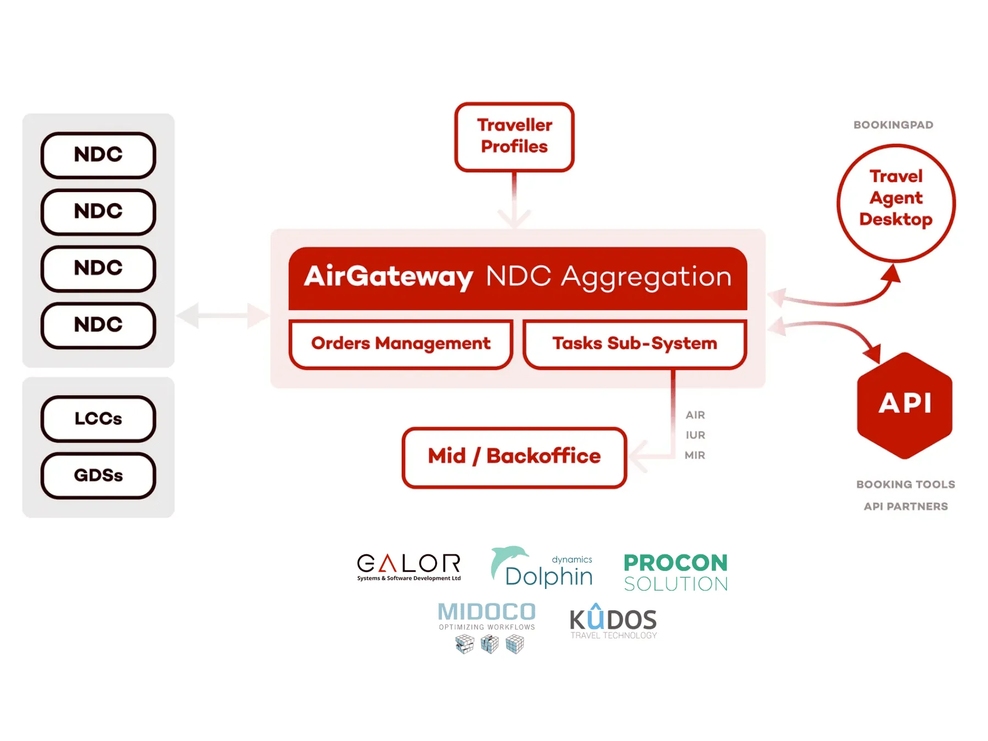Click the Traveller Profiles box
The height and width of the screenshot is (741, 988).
514,137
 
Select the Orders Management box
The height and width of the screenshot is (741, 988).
401,344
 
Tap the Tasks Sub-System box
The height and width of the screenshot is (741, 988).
635,344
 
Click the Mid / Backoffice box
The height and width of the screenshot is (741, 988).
514,457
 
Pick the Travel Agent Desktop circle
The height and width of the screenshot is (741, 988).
896,203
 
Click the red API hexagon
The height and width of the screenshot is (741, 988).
905,405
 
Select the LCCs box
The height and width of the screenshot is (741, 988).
98,419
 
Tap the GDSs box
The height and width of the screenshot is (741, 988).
98,475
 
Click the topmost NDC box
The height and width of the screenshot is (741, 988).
98,155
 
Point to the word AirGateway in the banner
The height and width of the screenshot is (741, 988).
389,276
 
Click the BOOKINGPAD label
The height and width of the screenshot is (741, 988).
893,125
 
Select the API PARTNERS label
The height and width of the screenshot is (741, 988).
906,507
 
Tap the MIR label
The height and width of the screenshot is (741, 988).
695,455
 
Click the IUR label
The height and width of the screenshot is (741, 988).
695,435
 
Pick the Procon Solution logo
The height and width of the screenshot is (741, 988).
676,572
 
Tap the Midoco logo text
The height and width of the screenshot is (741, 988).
487,613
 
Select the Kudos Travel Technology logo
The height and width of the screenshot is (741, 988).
613,622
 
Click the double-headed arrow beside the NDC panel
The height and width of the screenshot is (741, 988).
222,316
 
